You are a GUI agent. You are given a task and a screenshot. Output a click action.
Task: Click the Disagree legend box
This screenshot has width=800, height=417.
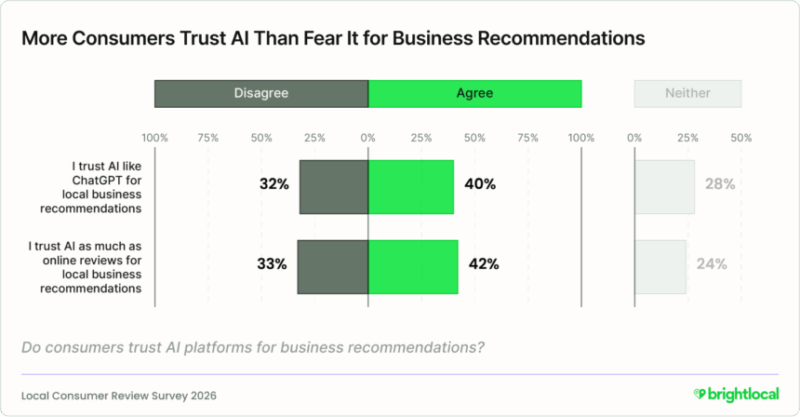click(x=261, y=93)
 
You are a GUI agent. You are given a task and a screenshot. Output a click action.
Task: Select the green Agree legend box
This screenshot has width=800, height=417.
click(x=474, y=93)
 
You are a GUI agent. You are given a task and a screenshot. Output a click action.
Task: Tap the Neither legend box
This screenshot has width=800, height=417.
click(x=687, y=93)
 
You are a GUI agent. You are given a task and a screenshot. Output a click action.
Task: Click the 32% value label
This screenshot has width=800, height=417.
click(x=273, y=184)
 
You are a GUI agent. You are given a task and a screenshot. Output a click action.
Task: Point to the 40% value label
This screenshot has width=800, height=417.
click(x=479, y=184)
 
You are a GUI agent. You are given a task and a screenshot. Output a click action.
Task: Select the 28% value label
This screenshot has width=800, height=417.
click(x=720, y=184)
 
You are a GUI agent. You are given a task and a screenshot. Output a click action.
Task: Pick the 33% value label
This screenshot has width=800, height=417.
click(x=272, y=263)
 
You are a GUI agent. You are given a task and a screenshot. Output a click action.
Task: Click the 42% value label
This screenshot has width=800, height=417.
click(x=484, y=263)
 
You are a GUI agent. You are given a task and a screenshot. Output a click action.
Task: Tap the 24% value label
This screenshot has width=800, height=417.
click(x=712, y=263)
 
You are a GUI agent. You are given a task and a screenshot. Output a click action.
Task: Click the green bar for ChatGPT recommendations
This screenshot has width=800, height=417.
click(x=411, y=186)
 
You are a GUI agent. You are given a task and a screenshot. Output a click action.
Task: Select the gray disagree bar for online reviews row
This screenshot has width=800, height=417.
click(x=333, y=266)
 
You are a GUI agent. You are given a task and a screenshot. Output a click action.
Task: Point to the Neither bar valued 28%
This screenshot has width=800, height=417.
click(x=664, y=186)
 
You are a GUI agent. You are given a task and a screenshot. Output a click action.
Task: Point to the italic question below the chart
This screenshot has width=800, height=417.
click(x=251, y=347)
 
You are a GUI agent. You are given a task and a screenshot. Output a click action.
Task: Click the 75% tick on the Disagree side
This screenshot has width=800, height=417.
click(x=208, y=138)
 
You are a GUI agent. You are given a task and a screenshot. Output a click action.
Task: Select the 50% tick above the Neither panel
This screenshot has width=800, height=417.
click(x=741, y=138)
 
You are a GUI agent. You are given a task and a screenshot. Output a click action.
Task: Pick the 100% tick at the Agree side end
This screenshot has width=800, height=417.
click(x=581, y=138)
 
